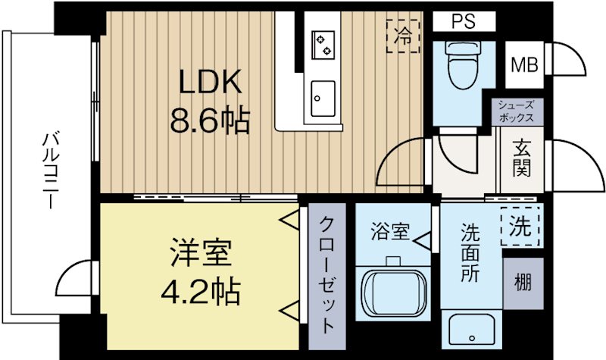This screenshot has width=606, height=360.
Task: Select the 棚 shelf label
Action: (523, 283)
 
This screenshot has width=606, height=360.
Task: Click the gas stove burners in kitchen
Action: (324, 43)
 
